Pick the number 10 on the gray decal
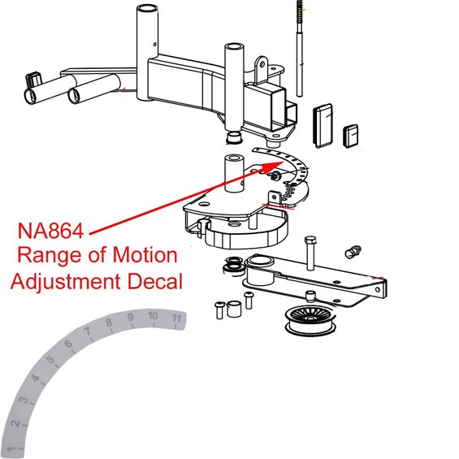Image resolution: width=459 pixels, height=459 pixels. click(x=153, y=315)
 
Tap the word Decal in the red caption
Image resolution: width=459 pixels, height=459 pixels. click(x=156, y=282)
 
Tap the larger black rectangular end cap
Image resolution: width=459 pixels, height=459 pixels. click(x=323, y=123)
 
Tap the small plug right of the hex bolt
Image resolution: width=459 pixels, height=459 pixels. click(x=353, y=249)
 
